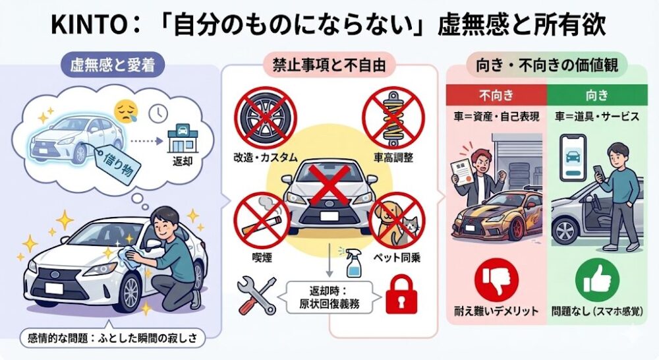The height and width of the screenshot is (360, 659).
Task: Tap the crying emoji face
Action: (127, 111)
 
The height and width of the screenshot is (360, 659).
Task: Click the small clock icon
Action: (158, 113)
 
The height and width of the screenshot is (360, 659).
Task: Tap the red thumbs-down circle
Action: (496, 280)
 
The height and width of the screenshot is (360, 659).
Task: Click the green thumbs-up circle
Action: (597, 280)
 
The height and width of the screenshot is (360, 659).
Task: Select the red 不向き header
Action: (496, 95)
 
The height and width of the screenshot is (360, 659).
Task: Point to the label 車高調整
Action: (393, 158)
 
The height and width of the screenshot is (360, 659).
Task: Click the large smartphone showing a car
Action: (573, 158)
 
